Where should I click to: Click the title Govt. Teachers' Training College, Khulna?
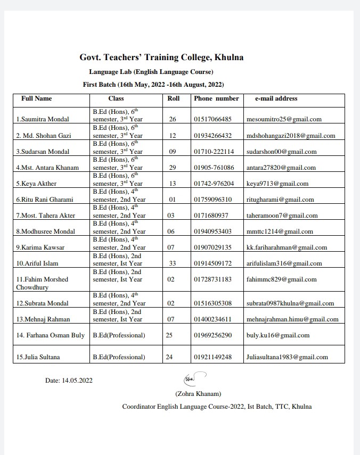(x=162, y=57)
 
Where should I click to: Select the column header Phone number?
(x=216, y=98)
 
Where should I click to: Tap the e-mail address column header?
(x=276, y=98)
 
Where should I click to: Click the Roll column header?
(x=174, y=98)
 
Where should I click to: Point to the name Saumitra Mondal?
(x=46, y=120)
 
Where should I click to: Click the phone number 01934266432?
(x=213, y=136)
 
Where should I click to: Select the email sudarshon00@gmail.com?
(x=281, y=152)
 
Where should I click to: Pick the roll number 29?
(x=173, y=168)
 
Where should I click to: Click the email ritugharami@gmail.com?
(x=280, y=200)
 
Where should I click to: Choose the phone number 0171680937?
(x=211, y=216)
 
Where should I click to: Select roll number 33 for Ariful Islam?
(x=173, y=263)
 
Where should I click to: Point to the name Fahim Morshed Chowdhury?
(x=43, y=283)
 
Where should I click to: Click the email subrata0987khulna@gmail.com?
(x=290, y=303)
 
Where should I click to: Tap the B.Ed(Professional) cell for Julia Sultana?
(x=119, y=357)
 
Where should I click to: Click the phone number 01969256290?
(x=213, y=335)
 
